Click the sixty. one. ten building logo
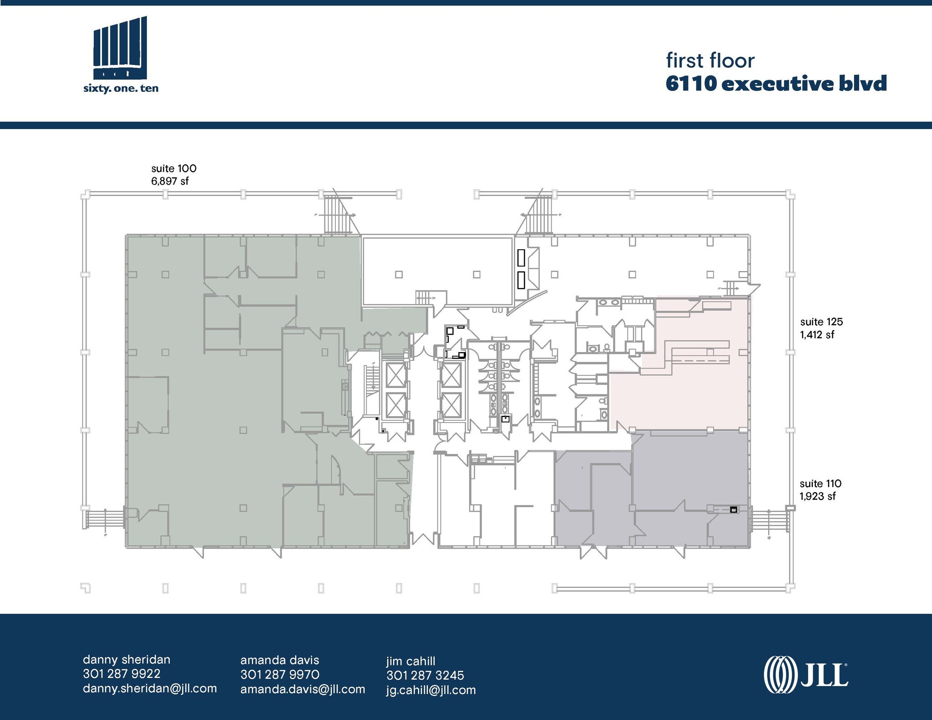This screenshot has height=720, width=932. [120, 55]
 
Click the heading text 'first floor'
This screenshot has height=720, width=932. [710, 61]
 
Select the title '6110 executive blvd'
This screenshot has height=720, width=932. [776, 84]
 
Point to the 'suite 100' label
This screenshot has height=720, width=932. [174, 168]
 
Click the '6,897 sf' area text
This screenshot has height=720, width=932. [170, 181]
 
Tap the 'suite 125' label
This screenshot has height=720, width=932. [821, 322]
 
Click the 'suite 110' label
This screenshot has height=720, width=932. [821, 483]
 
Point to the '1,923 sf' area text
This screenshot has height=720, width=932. [818, 496]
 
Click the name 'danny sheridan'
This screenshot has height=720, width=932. [127, 660]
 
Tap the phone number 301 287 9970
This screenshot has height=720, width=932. [279, 674]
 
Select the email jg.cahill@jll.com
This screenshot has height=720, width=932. [431, 690]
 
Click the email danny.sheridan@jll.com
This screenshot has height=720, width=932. [150, 688]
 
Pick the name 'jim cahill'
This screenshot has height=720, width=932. [410, 661]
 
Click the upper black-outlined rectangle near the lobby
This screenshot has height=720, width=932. [521, 257]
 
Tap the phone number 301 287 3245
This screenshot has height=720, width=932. [425, 675]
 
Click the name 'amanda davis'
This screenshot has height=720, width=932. [279, 660]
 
